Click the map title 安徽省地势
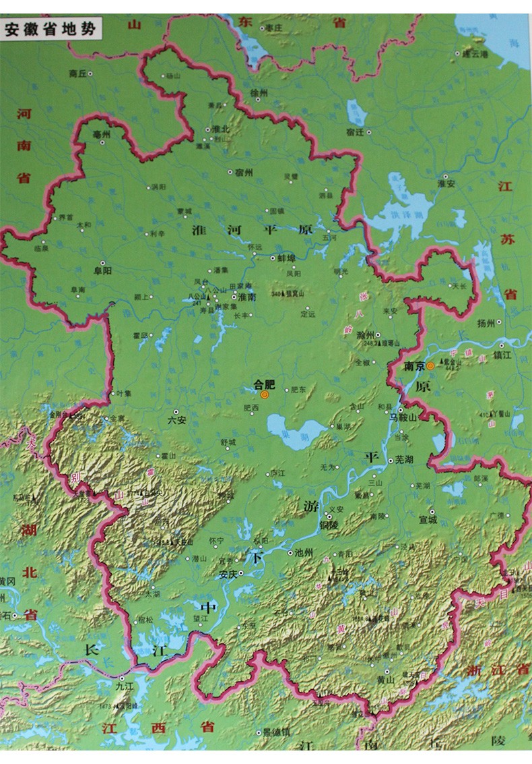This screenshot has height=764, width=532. click(51, 30)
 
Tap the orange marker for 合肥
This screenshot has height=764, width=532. click(264, 394)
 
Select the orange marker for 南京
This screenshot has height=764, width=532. click(430, 366)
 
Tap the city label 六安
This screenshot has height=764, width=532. click(176, 419)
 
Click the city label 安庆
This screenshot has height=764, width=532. click(229, 575)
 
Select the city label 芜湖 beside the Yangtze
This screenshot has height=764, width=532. click(403, 460)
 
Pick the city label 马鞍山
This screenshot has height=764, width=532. click(403, 417)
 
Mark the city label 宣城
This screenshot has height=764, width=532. click(427, 520)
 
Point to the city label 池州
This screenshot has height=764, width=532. click(304, 552)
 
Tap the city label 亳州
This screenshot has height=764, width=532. click(101, 134)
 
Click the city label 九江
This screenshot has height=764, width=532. click(125, 686)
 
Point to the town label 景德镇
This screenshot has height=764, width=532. click(276, 732)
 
